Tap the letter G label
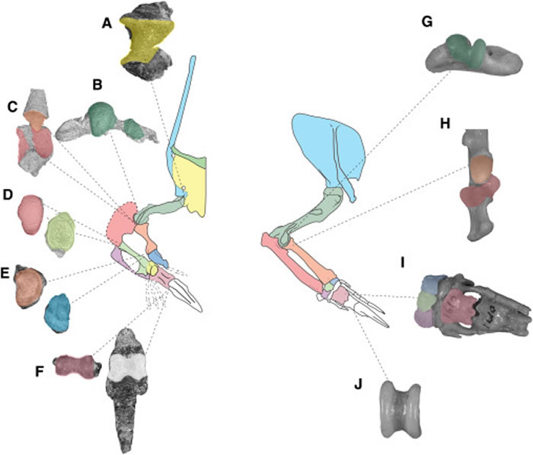tap(426, 23)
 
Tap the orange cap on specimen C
tap(35, 119)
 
